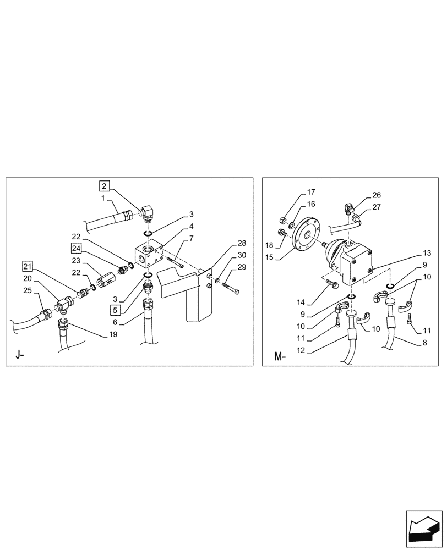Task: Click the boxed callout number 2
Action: [105, 185]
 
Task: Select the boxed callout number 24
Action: [76, 247]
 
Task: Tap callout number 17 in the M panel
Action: [311, 192]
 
